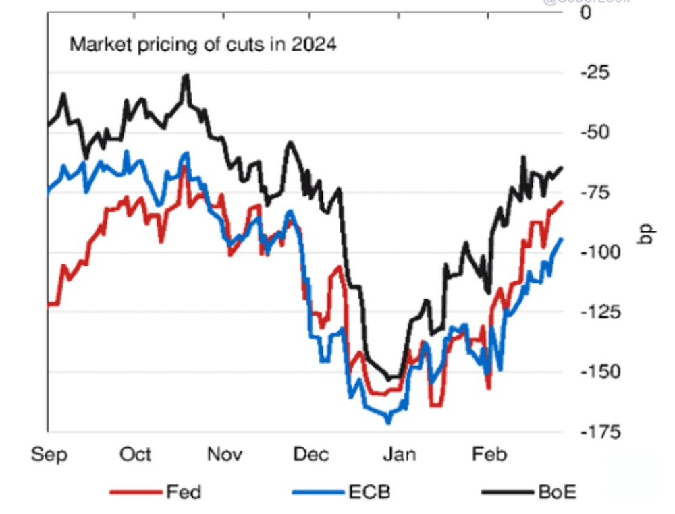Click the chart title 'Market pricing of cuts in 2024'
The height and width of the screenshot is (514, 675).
point(203,46)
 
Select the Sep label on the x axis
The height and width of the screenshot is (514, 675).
point(49,455)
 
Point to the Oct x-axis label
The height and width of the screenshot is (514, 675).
point(136,455)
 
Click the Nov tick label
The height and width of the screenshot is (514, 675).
point(225,455)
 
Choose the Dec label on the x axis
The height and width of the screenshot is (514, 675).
point(312,455)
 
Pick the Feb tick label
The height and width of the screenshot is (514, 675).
point(488,455)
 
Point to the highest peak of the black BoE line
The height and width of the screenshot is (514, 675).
point(186,76)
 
